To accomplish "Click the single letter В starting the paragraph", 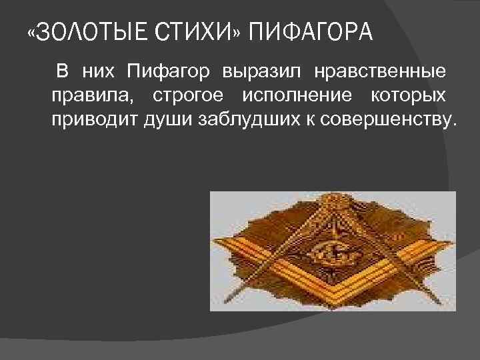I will pos(62,71).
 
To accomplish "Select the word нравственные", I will pos(373,71).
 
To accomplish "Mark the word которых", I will pos(407,96).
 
